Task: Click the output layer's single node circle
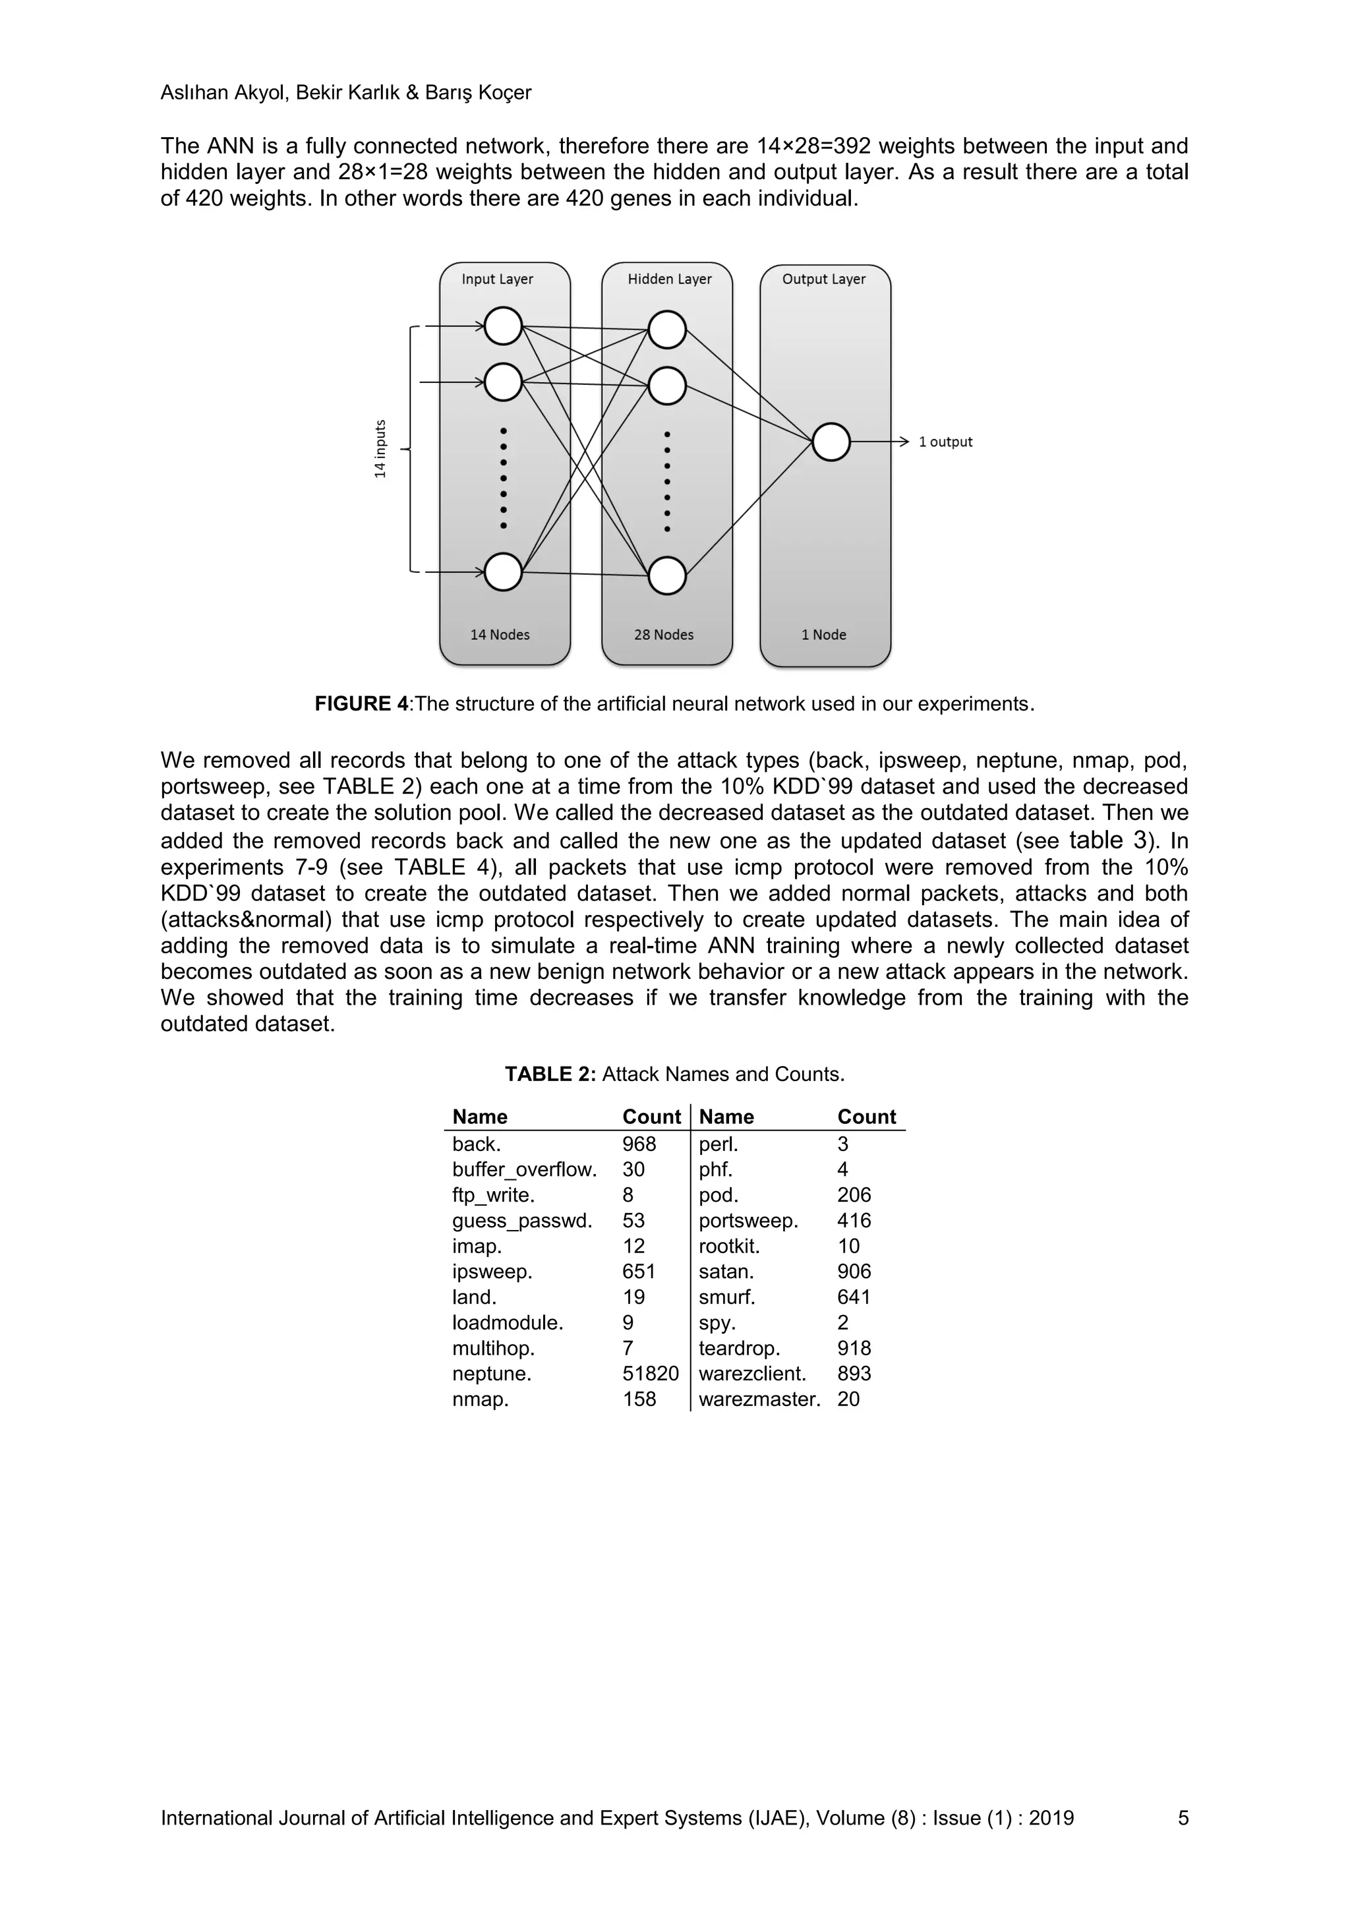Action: (x=831, y=442)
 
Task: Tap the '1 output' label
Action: (x=945, y=442)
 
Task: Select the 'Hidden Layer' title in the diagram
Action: (x=669, y=279)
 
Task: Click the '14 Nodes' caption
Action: (x=500, y=634)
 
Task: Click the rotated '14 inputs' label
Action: (x=380, y=449)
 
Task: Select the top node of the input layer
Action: (x=503, y=326)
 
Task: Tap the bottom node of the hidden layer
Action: (x=666, y=575)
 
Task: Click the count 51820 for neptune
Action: (x=650, y=1374)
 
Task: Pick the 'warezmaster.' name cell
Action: (x=759, y=1399)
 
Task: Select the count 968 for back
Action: (x=639, y=1144)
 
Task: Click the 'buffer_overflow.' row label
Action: (x=523, y=1170)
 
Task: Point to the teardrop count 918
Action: (x=854, y=1348)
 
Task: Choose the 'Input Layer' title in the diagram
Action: (x=497, y=279)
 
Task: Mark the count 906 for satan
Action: (x=854, y=1272)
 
